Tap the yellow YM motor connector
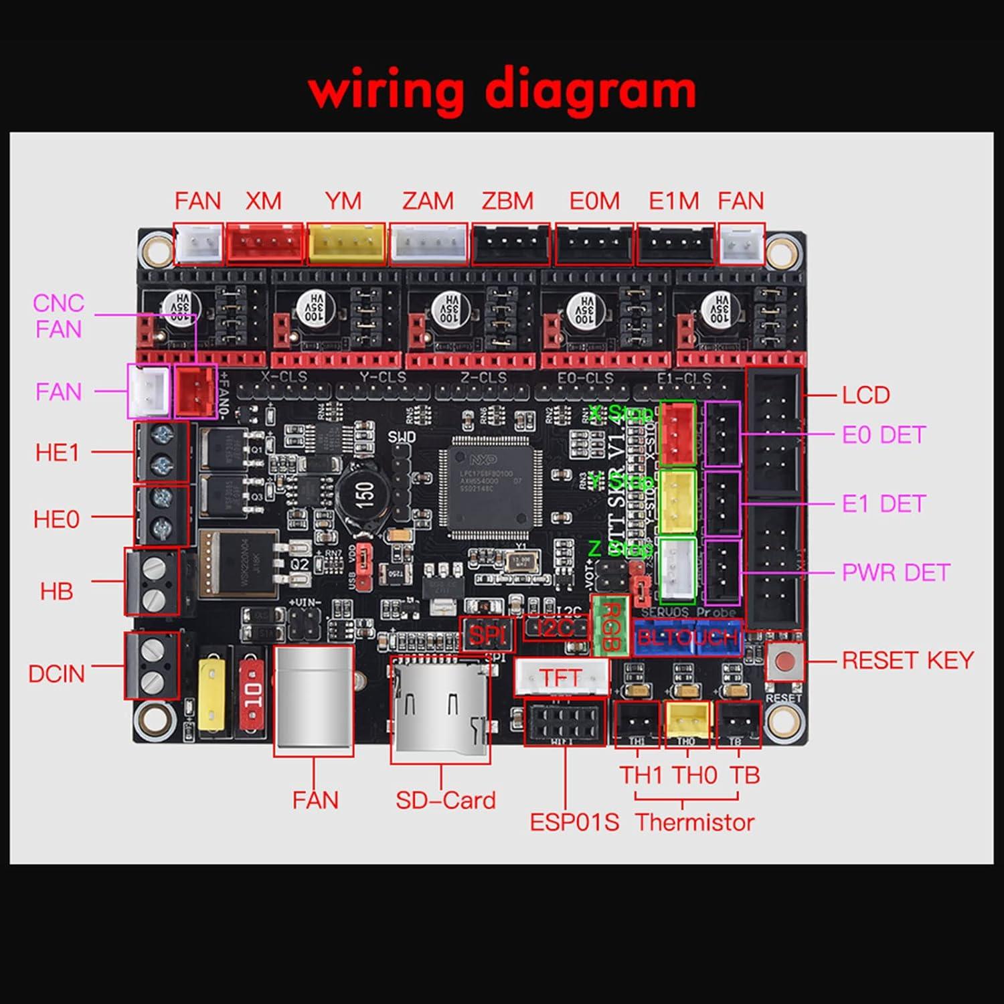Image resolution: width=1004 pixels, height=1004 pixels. click(346, 243)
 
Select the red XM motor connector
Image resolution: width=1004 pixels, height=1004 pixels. click(264, 243)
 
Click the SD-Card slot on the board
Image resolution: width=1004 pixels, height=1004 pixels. click(440, 710)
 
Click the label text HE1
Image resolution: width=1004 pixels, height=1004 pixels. click(57, 453)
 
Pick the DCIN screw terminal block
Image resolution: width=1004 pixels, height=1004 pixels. click(153, 666)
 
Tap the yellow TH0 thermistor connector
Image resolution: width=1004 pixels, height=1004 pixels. click(687, 723)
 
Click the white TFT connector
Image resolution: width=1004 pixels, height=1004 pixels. click(562, 677)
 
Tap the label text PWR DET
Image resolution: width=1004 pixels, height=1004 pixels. click(896, 573)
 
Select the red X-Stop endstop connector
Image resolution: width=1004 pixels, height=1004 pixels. click(677, 433)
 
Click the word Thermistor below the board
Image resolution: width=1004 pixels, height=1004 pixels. click(695, 822)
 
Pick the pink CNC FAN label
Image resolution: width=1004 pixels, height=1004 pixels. click(58, 316)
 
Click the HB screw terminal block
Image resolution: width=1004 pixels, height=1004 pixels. click(153, 582)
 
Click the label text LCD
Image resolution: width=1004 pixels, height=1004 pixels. click(865, 395)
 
